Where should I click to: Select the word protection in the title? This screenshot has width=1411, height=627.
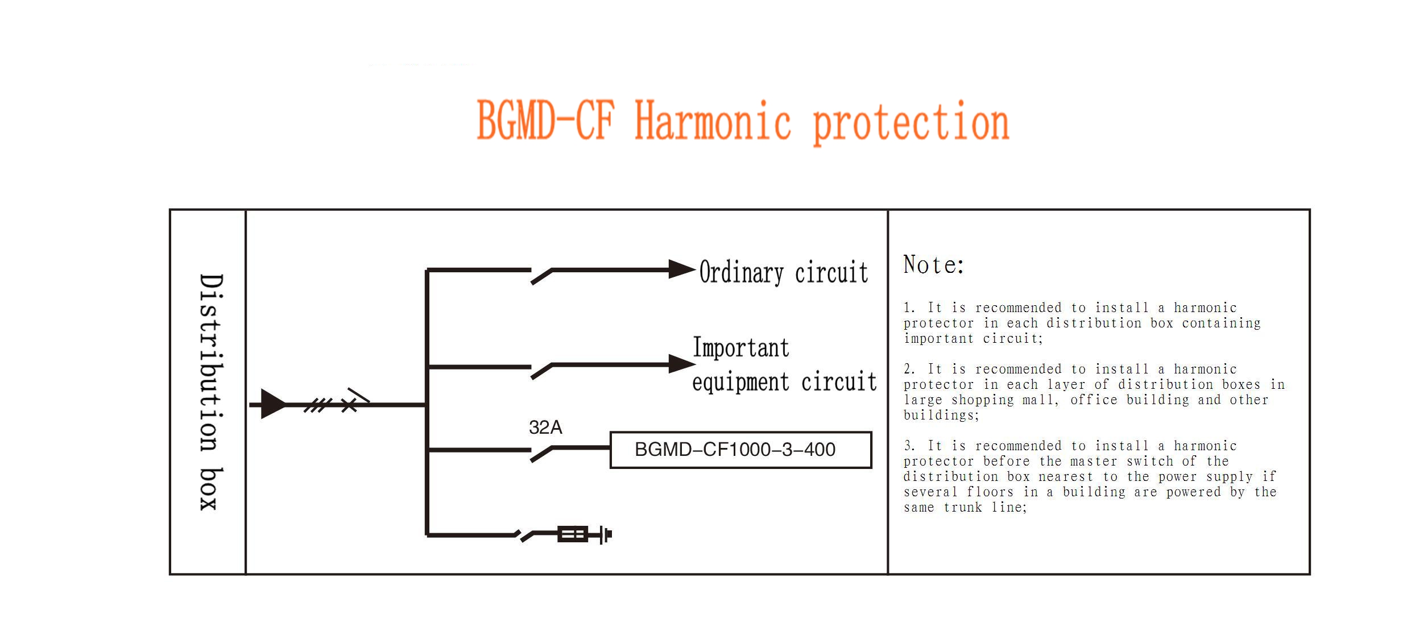(x=911, y=123)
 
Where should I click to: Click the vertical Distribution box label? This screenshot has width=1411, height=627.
(x=211, y=392)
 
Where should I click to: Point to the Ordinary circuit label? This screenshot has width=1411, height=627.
(x=784, y=272)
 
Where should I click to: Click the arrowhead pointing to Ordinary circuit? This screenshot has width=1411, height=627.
(x=682, y=269)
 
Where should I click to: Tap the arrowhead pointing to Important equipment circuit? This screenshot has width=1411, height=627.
(x=682, y=364)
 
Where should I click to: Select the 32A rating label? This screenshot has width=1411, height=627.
(x=545, y=427)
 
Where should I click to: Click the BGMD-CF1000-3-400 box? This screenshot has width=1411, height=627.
(x=740, y=450)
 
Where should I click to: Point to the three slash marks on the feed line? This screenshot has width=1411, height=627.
(x=318, y=405)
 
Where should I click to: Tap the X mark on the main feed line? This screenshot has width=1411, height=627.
(x=349, y=405)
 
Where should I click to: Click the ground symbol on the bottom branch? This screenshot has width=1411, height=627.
(x=606, y=534)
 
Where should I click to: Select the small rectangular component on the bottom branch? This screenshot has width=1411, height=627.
(x=573, y=534)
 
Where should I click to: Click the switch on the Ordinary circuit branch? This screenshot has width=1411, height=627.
(x=541, y=276)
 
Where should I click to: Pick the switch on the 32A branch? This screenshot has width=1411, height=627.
(x=541, y=454)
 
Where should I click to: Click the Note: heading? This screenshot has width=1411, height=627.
(x=933, y=265)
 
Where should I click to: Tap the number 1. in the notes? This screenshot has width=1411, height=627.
(x=909, y=308)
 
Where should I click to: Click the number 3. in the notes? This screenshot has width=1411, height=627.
(x=909, y=446)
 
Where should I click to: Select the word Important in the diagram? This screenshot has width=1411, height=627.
(x=741, y=348)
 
